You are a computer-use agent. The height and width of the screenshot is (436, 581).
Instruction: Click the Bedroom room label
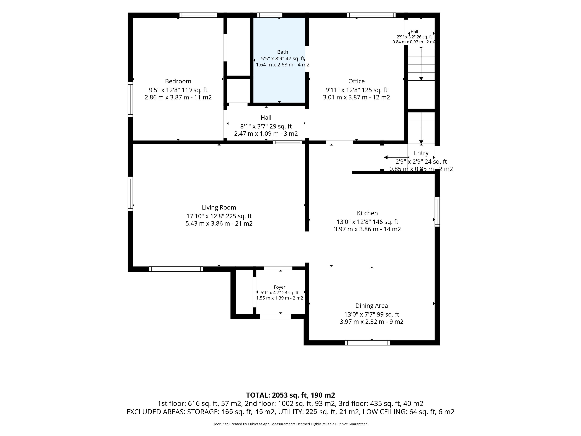click(178, 81)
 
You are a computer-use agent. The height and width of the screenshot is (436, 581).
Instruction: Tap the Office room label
click(356, 81)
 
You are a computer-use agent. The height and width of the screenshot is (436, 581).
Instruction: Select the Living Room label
click(219, 207)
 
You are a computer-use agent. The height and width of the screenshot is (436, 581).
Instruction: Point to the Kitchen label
click(367, 213)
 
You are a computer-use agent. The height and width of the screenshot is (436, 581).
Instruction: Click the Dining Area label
click(371, 306)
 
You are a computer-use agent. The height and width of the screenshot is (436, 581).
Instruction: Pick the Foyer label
click(279, 287)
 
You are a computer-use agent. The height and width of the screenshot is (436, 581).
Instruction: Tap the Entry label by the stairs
click(421, 153)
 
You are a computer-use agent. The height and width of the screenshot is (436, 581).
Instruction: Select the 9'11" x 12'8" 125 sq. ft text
click(356, 90)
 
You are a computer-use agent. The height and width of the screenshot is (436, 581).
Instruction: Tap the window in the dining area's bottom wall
click(368, 343)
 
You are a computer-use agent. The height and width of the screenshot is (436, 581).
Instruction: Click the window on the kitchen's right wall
click(437, 211)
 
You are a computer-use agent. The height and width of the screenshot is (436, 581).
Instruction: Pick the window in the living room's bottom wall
click(176, 269)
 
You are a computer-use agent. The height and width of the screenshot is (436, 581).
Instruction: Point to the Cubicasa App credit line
click(290, 424)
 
